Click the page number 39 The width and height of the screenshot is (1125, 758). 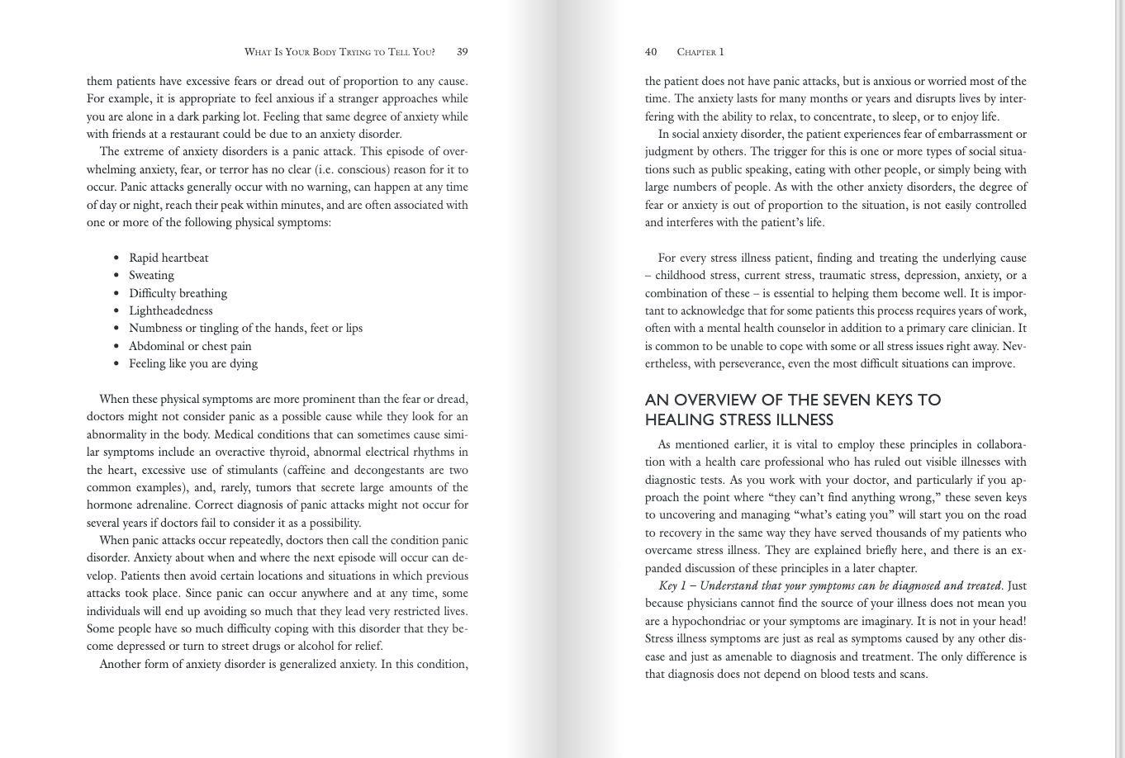462,52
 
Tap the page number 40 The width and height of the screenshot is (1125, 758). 651,52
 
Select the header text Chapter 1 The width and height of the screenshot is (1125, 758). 700,52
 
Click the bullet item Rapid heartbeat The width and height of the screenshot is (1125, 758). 169,258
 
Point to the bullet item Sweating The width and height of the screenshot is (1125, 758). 151,276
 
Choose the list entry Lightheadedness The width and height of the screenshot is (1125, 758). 170,311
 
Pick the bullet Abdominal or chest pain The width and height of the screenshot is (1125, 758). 190,347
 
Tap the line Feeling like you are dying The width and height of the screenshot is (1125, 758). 193,364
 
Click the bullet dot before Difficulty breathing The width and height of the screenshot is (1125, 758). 116,294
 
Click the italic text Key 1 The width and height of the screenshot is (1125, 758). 672,586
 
